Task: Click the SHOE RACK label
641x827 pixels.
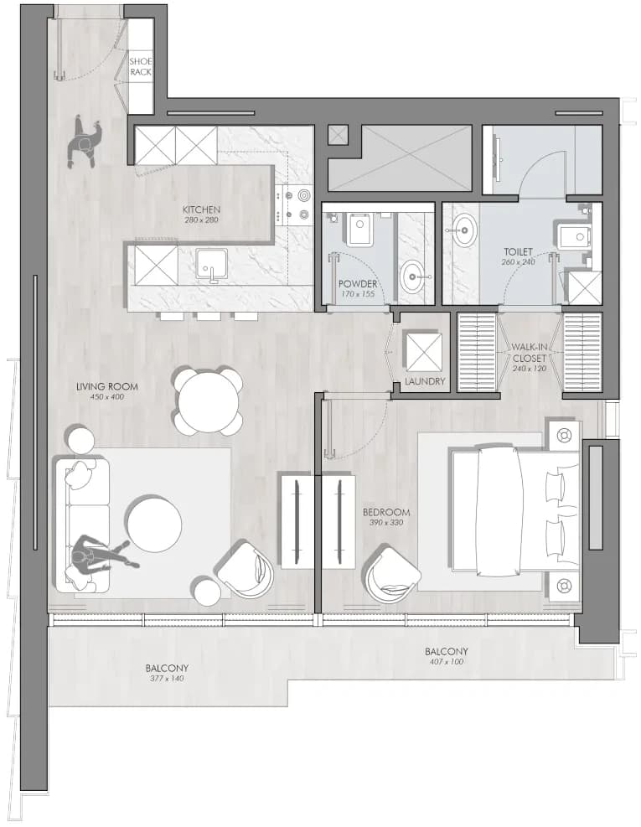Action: pos(140,66)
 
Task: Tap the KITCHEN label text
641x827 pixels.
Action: pos(202,209)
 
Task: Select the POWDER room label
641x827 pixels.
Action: pos(358,284)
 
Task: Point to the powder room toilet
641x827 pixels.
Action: pos(359,230)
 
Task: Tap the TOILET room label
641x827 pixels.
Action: pos(518,251)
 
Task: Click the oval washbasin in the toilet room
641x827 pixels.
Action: pos(465,230)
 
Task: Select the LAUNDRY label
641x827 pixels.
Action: pos(425,381)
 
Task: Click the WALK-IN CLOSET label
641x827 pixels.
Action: pos(530,353)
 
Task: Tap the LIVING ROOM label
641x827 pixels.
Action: pos(107,386)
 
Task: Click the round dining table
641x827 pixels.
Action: pos(209,401)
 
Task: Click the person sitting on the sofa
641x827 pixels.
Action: pos(99,559)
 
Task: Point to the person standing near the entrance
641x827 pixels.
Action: pos(85,141)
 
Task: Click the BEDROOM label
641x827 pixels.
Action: pos(386,512)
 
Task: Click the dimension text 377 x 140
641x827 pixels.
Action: pos(166,678)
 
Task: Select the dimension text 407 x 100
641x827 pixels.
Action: pos(446,661)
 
